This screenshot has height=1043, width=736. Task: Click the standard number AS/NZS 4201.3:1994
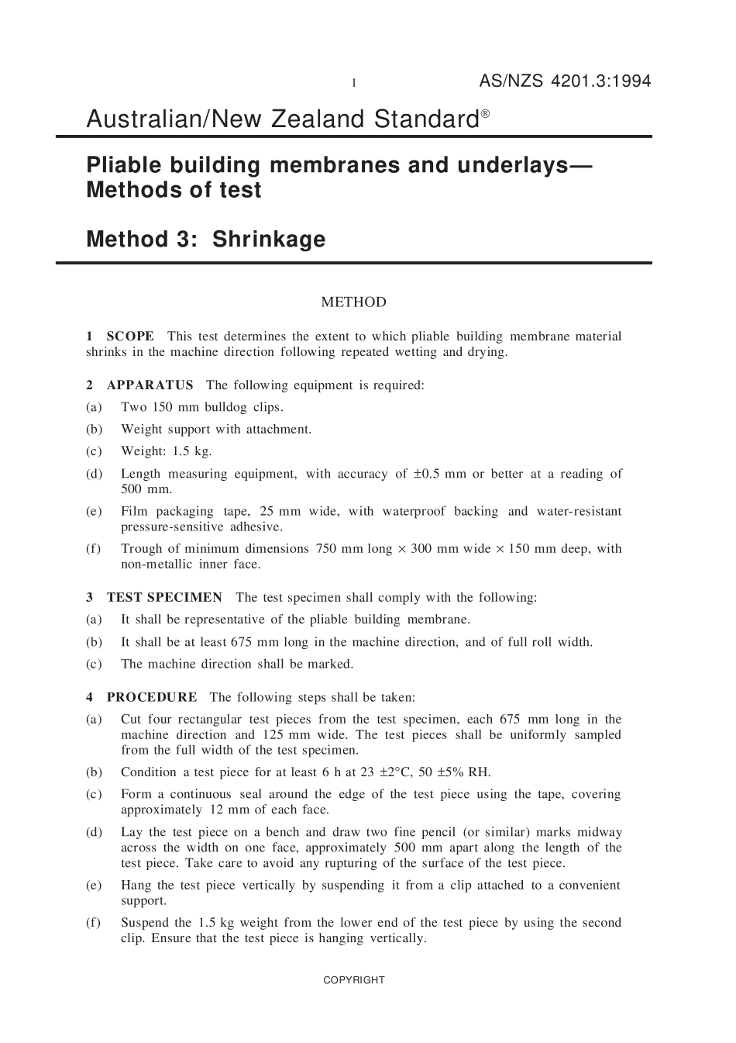tap(565, 81)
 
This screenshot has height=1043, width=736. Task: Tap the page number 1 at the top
tap(354, 83)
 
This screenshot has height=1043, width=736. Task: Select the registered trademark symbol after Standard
tap(485, 113)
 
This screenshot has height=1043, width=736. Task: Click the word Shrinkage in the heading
tap(269, 239)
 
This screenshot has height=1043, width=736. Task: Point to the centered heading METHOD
tap(353, 302)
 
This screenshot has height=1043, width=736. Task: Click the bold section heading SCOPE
tap(130, 337)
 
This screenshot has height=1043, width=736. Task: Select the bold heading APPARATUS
tap(150, 385)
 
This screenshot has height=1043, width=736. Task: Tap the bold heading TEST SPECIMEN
tap(164, 598)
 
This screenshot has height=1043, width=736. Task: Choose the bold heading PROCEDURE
tap(152, 698)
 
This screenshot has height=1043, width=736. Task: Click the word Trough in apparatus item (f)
tap(140, 549)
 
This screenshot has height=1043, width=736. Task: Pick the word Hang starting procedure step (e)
tap(136, 886)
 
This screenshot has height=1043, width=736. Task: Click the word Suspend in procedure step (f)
tap(145, 923)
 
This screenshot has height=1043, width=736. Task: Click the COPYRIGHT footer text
tap(354, 980)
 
